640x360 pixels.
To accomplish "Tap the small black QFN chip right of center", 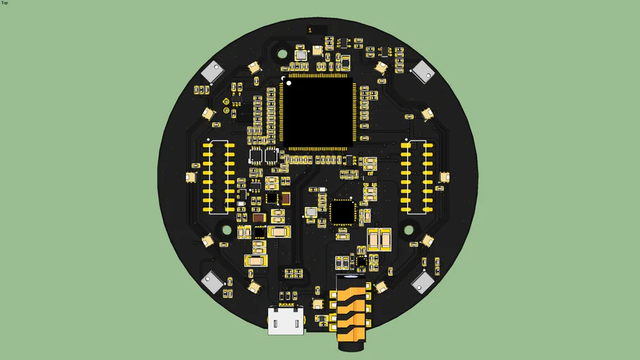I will [x=343, y=211].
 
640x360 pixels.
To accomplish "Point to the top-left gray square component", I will [x=212, y=71].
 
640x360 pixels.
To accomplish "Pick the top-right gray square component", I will [x=424, y=71].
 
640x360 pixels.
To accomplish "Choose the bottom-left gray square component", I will [x=212, y=282].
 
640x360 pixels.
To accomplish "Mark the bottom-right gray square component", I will [x=423, y=282].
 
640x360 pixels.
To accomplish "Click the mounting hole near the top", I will [x=283, y=53].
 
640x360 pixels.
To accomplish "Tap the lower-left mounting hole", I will [x=227, y=229].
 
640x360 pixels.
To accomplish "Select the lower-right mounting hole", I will [x=409, y=229].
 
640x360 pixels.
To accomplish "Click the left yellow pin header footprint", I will [x=219, y=177].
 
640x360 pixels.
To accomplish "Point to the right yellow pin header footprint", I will [x=416, y=177].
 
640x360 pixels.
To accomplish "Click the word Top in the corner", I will [x=5, y=3].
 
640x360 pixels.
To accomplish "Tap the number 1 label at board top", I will [x=310, y=30].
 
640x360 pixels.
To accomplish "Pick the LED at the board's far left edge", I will [x=191, y=177].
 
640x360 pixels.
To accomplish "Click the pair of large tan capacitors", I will [x=378, y=240].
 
